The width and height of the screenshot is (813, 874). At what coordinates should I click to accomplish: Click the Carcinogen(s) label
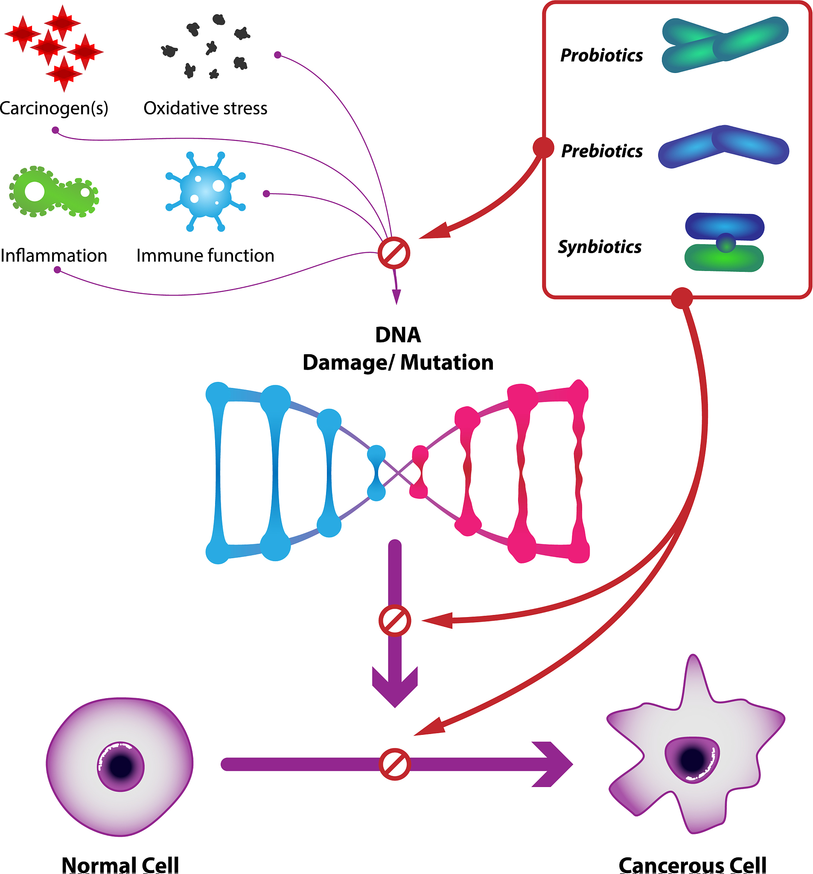(54, 108)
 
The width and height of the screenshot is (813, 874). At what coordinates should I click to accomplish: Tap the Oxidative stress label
(205, 108)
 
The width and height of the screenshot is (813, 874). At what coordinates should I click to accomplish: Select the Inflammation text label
(54, 256)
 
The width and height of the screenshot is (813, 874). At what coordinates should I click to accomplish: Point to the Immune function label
(205, 256)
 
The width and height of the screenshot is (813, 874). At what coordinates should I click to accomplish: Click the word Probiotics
(601, 56)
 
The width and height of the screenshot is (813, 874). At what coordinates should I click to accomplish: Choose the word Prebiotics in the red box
(601, 151)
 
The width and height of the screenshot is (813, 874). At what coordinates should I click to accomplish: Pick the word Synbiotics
(599, 247)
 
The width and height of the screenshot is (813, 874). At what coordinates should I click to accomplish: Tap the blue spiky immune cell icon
(205, 191)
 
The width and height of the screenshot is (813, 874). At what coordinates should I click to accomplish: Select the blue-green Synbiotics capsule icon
(724, 243)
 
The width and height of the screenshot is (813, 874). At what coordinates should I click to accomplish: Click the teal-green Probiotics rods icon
(725, 44)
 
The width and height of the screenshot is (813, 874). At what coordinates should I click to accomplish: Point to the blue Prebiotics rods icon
(723, 146)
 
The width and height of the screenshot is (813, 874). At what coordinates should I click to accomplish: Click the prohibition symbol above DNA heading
(394, 253)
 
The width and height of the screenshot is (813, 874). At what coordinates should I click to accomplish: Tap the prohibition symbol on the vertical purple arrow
(395, 621)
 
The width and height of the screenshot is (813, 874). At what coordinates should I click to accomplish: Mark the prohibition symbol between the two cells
(395, 764)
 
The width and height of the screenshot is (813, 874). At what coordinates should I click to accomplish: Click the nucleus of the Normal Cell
(120, 767)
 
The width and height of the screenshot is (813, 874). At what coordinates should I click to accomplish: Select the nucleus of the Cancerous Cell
(692, 760)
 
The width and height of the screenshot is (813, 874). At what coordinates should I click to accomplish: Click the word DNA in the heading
(398, 335)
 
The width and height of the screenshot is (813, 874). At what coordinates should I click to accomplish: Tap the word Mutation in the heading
(447, 363)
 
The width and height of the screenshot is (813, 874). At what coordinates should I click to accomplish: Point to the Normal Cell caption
(120, 865)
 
